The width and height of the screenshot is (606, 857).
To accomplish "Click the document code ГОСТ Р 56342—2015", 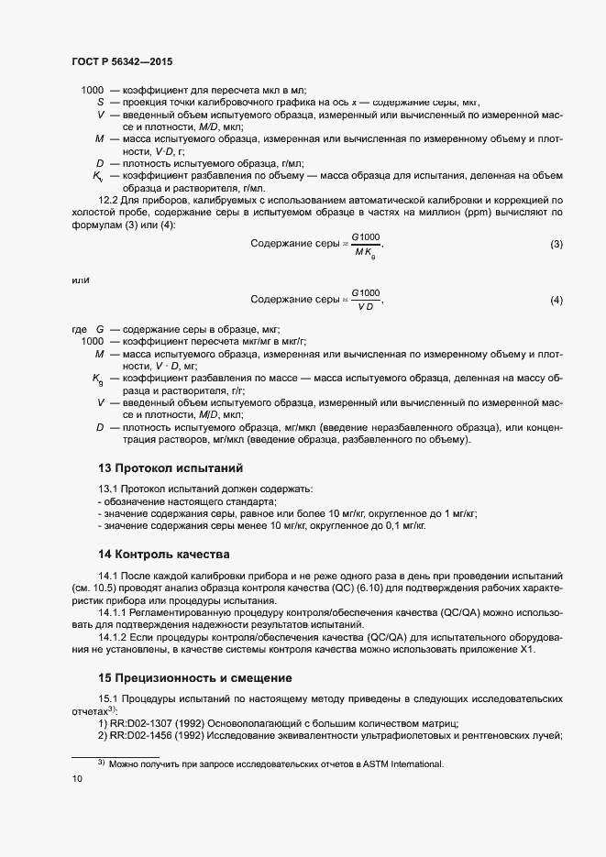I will [121, 61].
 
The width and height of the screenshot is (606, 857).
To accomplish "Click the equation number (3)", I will [556, 245].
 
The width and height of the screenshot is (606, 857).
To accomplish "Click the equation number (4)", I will [556, 301].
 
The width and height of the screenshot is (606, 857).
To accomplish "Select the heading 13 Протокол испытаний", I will [164, 467].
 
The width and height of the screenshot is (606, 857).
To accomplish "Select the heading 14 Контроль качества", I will [158, 555].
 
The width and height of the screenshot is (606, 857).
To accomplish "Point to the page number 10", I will [76, 779].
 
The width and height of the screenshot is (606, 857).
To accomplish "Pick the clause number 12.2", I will [108, 200].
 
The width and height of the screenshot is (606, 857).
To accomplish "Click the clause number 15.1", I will [108, 699].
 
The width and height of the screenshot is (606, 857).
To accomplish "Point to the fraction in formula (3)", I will [367, 244].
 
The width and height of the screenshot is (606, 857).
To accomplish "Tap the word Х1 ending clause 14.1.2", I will [524, 650].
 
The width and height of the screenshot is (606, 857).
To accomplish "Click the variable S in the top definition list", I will [100, 102].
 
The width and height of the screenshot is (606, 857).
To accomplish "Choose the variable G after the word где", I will [100, 329].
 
